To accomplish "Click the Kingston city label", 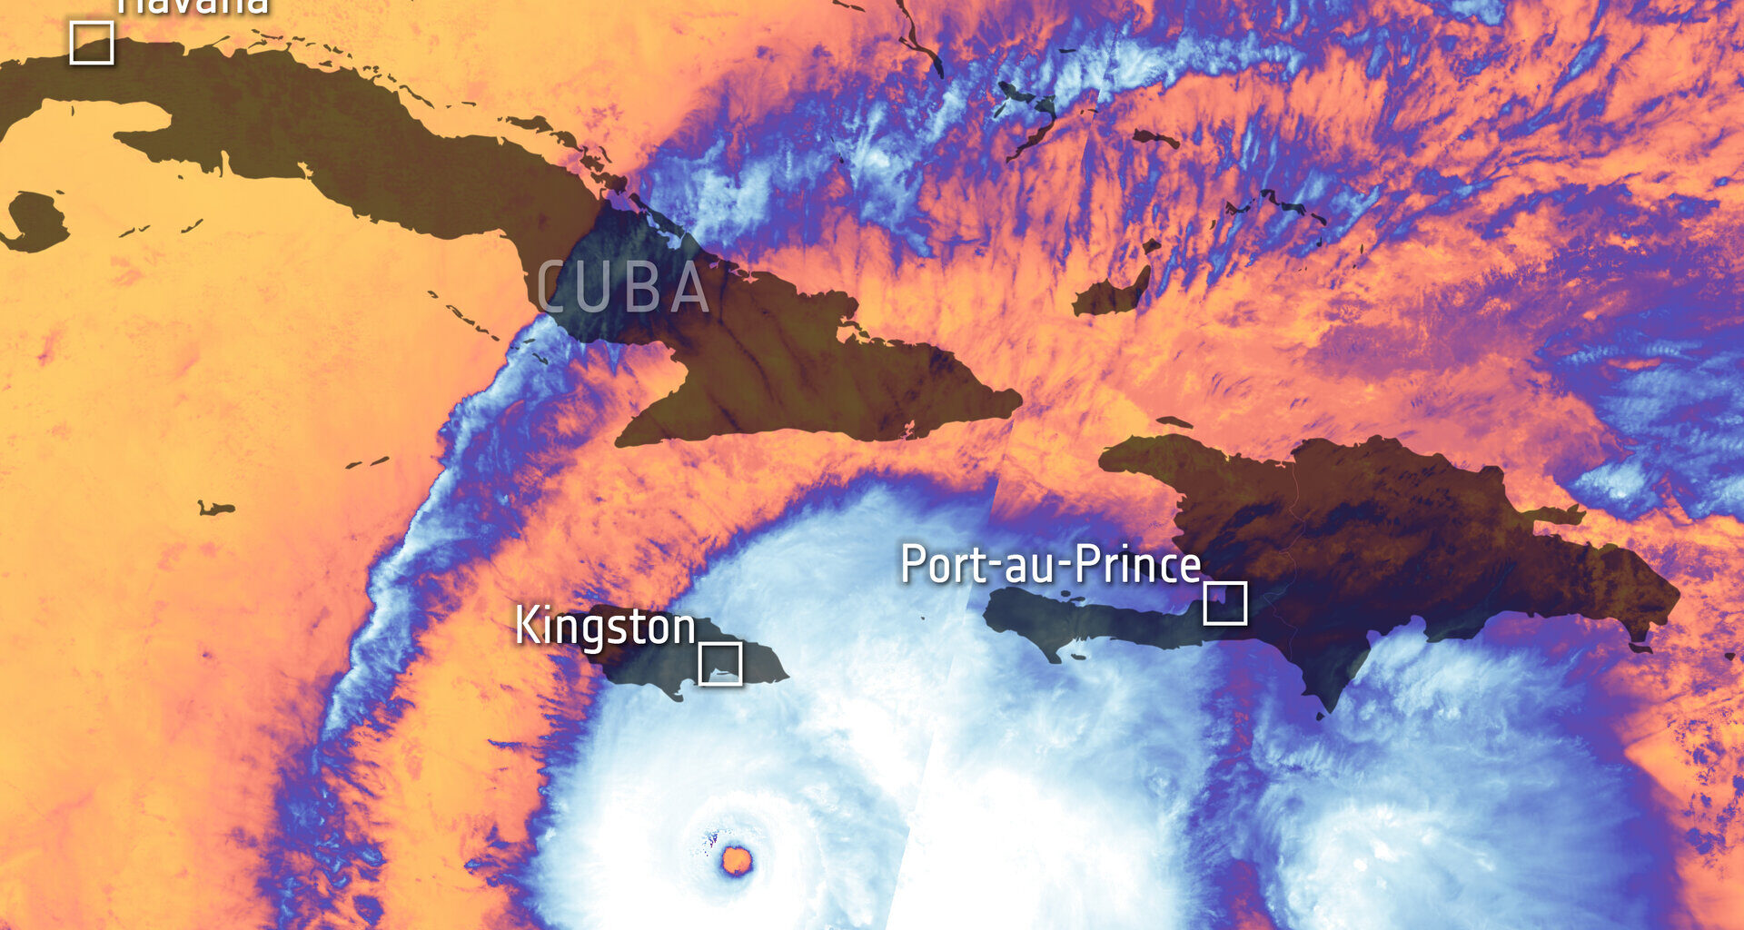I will tap(605, 628).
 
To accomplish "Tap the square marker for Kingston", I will tap(720, 664).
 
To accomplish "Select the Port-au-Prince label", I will tap(1051, 565).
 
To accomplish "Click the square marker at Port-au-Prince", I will tap(1224, 603).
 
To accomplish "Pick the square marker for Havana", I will tap(92, 43).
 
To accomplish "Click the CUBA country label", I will tap(624, 288).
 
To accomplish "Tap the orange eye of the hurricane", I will tap(737, 859).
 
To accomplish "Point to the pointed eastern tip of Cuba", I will tap(1018, 400).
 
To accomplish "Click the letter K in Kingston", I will tap(526, 626).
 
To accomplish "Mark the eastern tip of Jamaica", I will tap(785, 676).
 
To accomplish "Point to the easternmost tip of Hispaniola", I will tap(1677, 598).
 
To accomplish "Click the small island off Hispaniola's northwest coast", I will tap(1174, 422).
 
